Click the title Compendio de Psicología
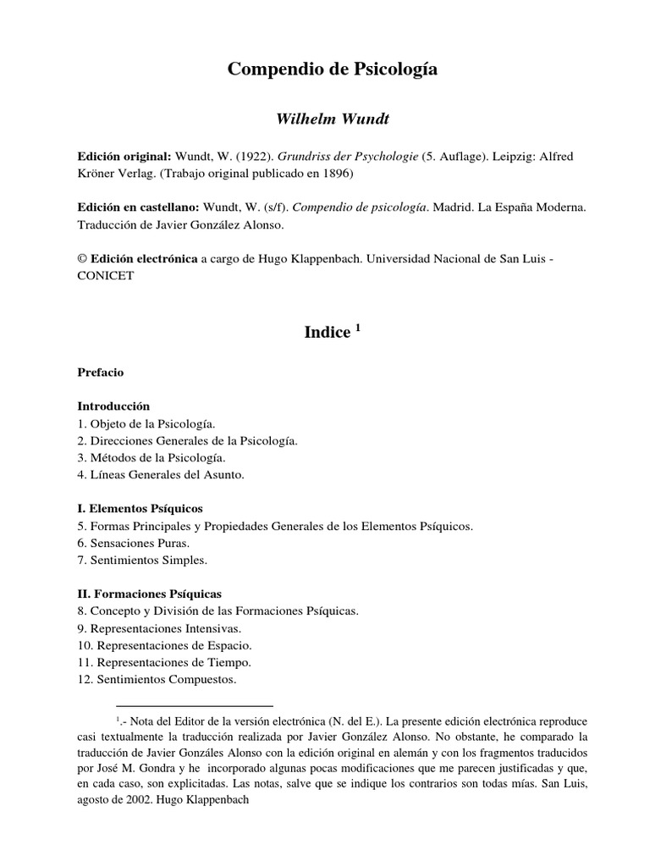coord(333,70)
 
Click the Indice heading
coord(327,333)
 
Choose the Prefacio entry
coord(101,372)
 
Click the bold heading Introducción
coord(113,406)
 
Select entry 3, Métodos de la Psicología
coord(151,457)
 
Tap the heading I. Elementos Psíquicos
coord(140,509)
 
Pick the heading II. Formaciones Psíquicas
coord(149,594)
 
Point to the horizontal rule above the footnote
coord(194,705)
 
